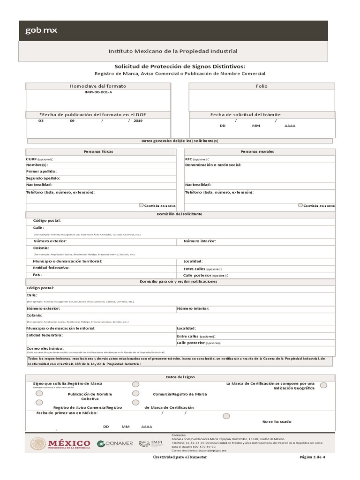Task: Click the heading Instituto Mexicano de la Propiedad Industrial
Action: (x=173, y=51)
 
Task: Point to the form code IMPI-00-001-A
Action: (x=98, y=92)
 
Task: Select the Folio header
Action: (x=262, y=86)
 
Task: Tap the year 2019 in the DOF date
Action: (x=137, y=121)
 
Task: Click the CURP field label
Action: (x=31, y=159)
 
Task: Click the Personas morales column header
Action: (x=257, y=152)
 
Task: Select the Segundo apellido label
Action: (x=43, y=178)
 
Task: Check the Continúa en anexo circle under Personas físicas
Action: (x=142, y=205)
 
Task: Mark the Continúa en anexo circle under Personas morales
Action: (x=300, y=205)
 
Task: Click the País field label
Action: (x=37, y=274)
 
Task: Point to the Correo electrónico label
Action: (x=45, y=349)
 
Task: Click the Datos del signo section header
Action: (x=180, y=377)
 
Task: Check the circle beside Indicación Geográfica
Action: (x=323, y=385)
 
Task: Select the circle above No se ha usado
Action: (x=226, y=416)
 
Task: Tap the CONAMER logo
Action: (x=115, y=443)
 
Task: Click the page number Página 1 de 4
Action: (x=312, y=457)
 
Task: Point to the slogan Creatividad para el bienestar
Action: (x=180, y=457)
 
